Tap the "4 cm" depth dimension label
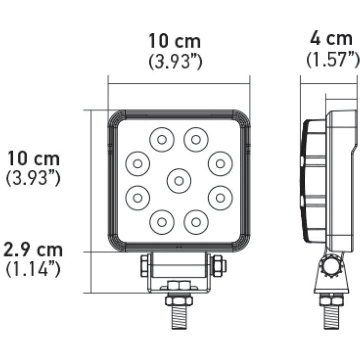tap(331, 39)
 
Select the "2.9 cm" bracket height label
tap(33, 251)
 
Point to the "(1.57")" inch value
tap(332, 59)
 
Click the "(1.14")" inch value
tap(33, 269)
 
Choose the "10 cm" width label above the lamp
tap(174, 40)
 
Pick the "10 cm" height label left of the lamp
tap(33, 159)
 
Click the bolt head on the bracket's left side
tap(145, 265)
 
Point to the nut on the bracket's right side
tap(217, 265)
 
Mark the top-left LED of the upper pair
tap(162, 139)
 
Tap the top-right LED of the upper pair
tap(196, 139)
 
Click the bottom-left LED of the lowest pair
tap(162, 222)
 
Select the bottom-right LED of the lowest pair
tap(196, 222)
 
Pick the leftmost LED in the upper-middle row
tap(137, 164)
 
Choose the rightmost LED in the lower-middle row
tap(220, 197)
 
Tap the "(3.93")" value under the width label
tap(175, 61)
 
